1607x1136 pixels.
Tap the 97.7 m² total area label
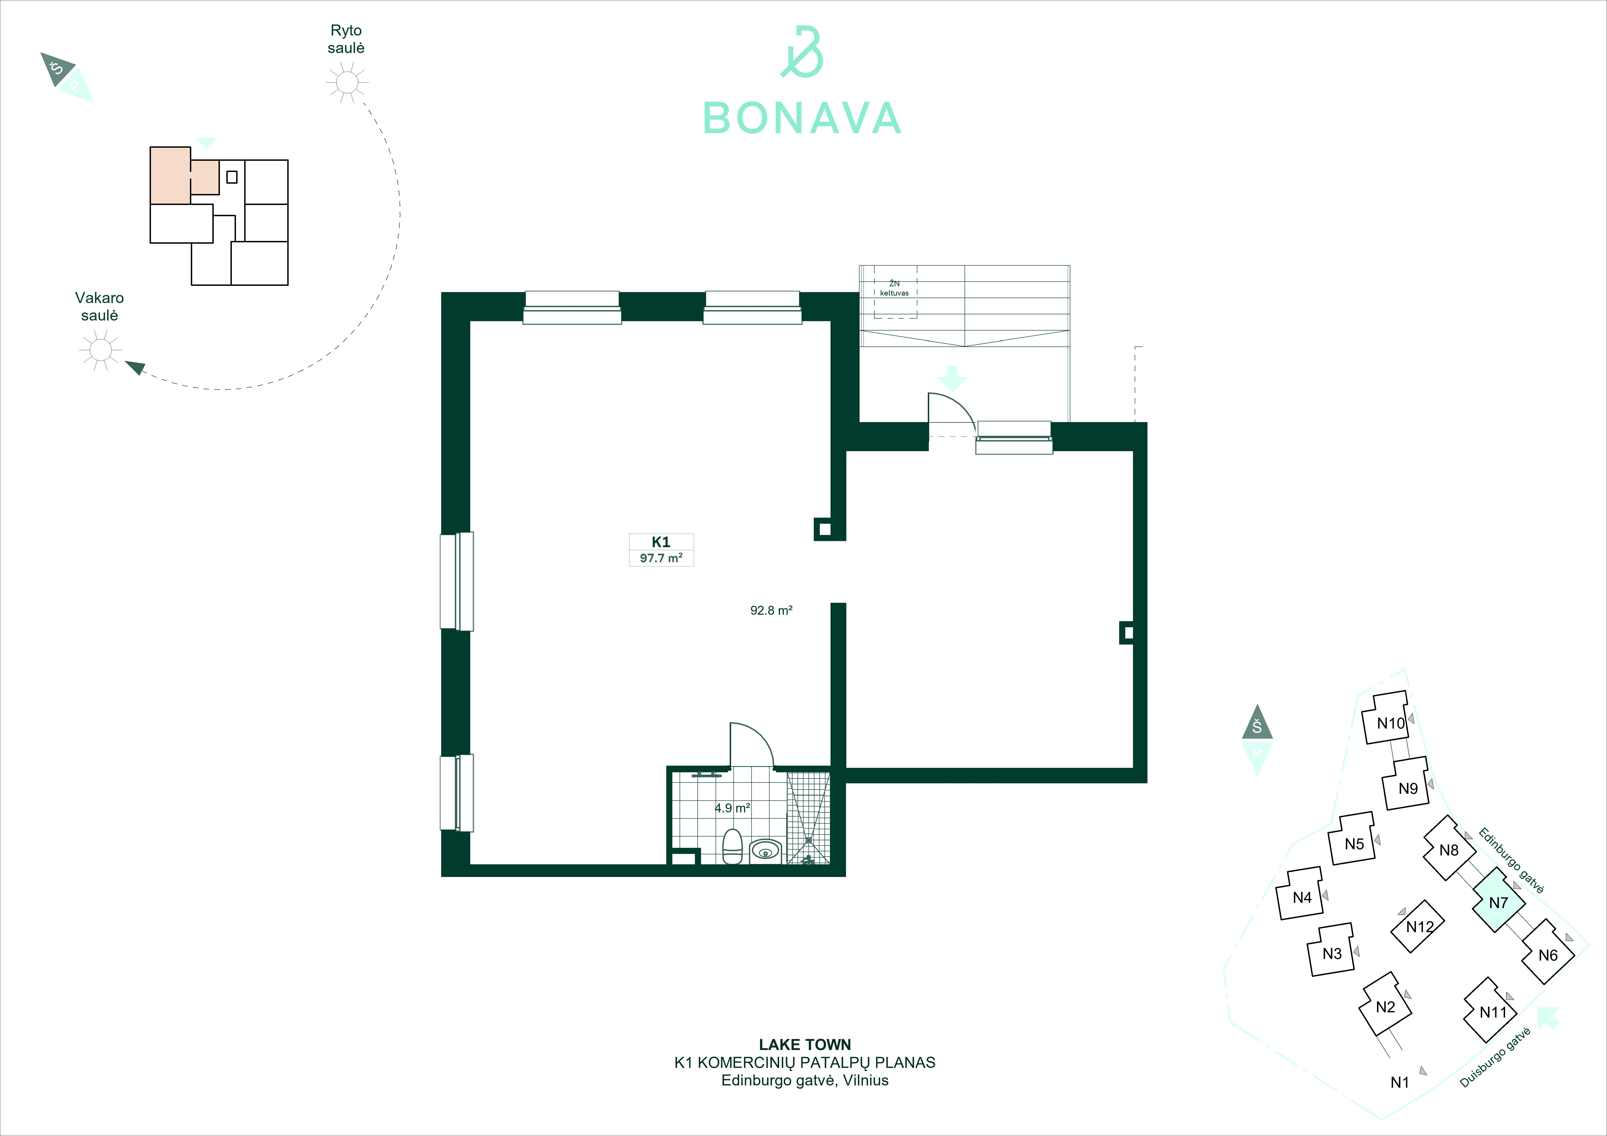[661, 558]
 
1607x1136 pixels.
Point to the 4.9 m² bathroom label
[732, 808]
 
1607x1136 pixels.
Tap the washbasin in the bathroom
[766, 851]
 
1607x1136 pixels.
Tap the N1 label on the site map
[1400, 1082]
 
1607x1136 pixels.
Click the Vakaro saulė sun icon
[101, 349]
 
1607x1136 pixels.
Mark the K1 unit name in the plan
[661, 542]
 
